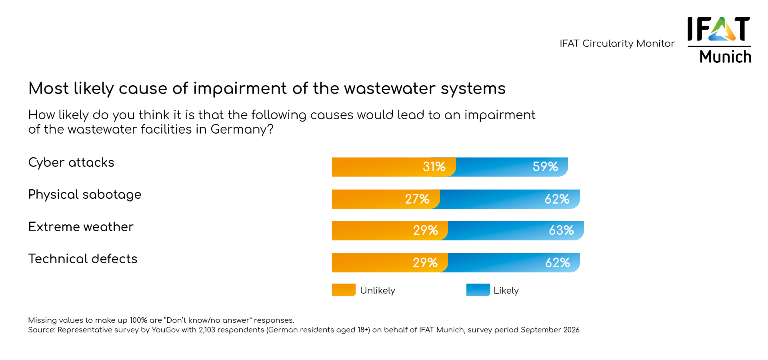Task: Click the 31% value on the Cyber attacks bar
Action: pos(434,167)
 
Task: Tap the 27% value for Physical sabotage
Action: pos(417,199)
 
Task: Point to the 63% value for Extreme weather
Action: pos(561,230)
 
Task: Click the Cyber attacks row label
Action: pos(71,163)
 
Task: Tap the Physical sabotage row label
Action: pos(85,195)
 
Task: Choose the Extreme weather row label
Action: pos(81,227)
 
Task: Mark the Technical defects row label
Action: pos(83,259)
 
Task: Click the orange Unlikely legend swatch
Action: pos(344,290)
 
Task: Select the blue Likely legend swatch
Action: pos(478,290)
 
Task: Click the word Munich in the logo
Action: pos(725,57)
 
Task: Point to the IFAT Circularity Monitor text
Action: pos(617,44)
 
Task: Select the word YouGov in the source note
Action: pos(165,330)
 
